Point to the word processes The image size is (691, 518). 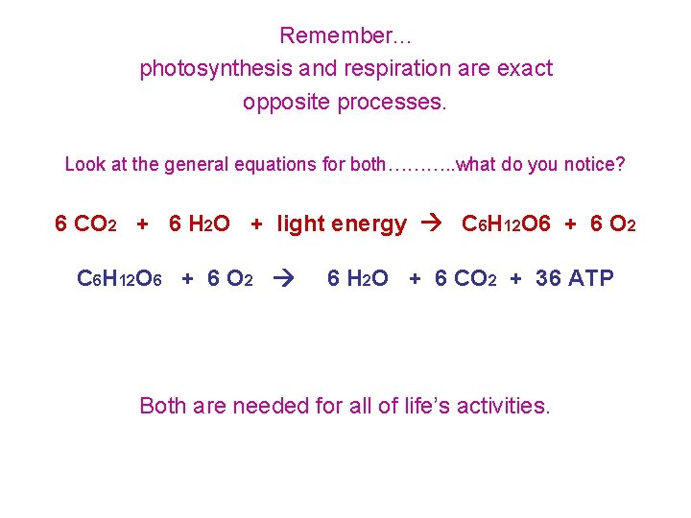[392, 102]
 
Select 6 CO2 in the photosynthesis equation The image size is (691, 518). [86, 224]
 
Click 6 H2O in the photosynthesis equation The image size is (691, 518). [199, 224]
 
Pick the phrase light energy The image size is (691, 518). [342, 224]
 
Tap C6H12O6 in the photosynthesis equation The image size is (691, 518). [506, 224]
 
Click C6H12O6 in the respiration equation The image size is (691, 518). [120, 279]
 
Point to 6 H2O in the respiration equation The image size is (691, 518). [358, 279]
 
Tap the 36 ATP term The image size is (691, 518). [575, 279]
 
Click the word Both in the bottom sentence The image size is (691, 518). [163, 406]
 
